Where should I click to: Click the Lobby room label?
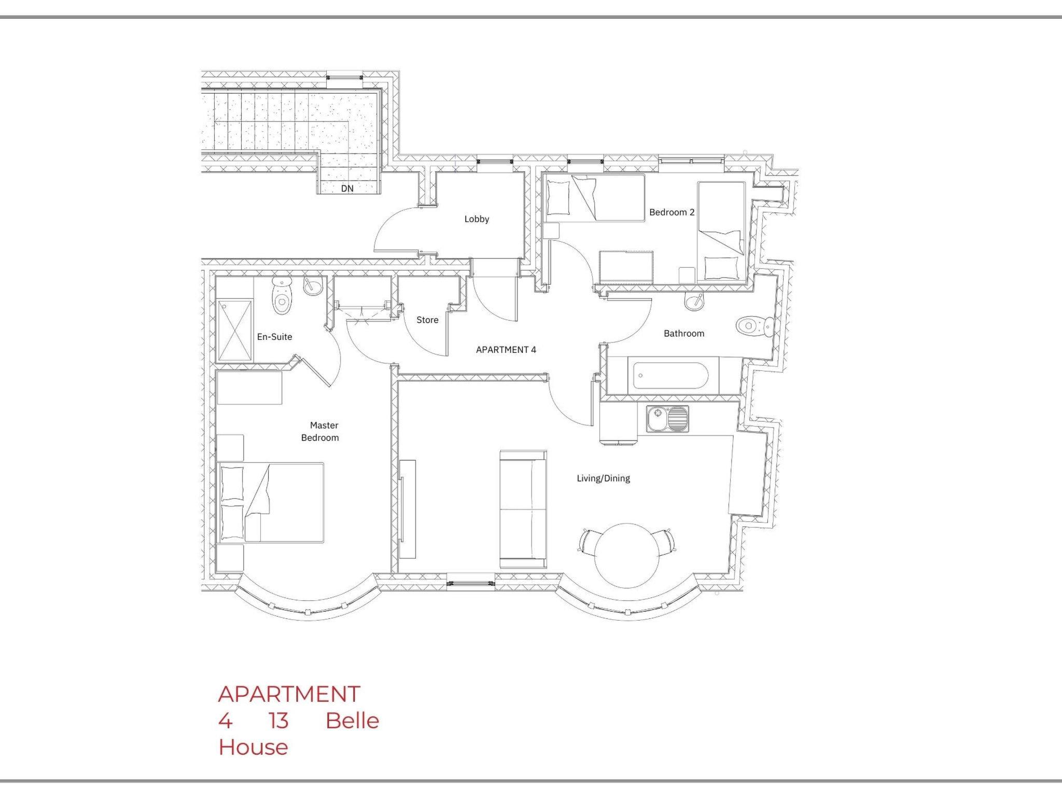477,219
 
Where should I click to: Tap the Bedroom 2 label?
672,212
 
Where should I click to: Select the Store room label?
427,320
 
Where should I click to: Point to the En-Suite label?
274,337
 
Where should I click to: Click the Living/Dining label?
603,478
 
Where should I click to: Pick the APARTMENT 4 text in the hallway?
506,350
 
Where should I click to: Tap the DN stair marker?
347,188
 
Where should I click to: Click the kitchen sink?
667,419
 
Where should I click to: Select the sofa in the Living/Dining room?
523,509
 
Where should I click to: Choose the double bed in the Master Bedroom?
271,502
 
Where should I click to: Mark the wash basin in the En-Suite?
314,286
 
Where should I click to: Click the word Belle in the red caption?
353,721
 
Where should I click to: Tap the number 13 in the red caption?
278,721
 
